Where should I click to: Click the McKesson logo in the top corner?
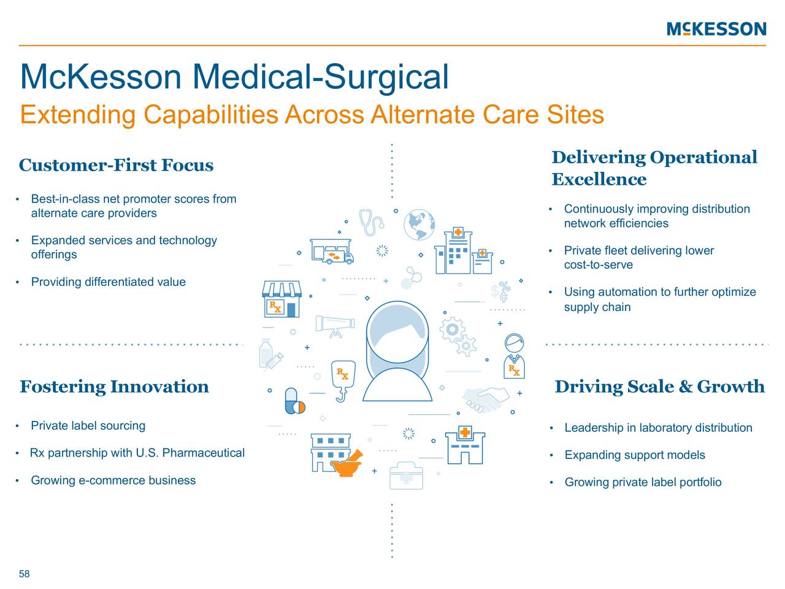pos(716,29)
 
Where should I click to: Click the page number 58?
pos(25,574)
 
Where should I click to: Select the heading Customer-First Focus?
pos(116,165)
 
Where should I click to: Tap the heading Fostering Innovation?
pos(114,387)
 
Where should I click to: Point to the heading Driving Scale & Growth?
pos(659,387)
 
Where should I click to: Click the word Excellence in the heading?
pos(599,179)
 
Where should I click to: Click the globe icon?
pos(419,225)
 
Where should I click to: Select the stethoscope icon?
pos(370,222)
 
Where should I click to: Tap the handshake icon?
pos(485,400)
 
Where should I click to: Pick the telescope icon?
pos(335,325)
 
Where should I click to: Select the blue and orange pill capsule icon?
pos(294,402)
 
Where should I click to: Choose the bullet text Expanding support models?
pos(634,455)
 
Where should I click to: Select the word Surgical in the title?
pos(386,77)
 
